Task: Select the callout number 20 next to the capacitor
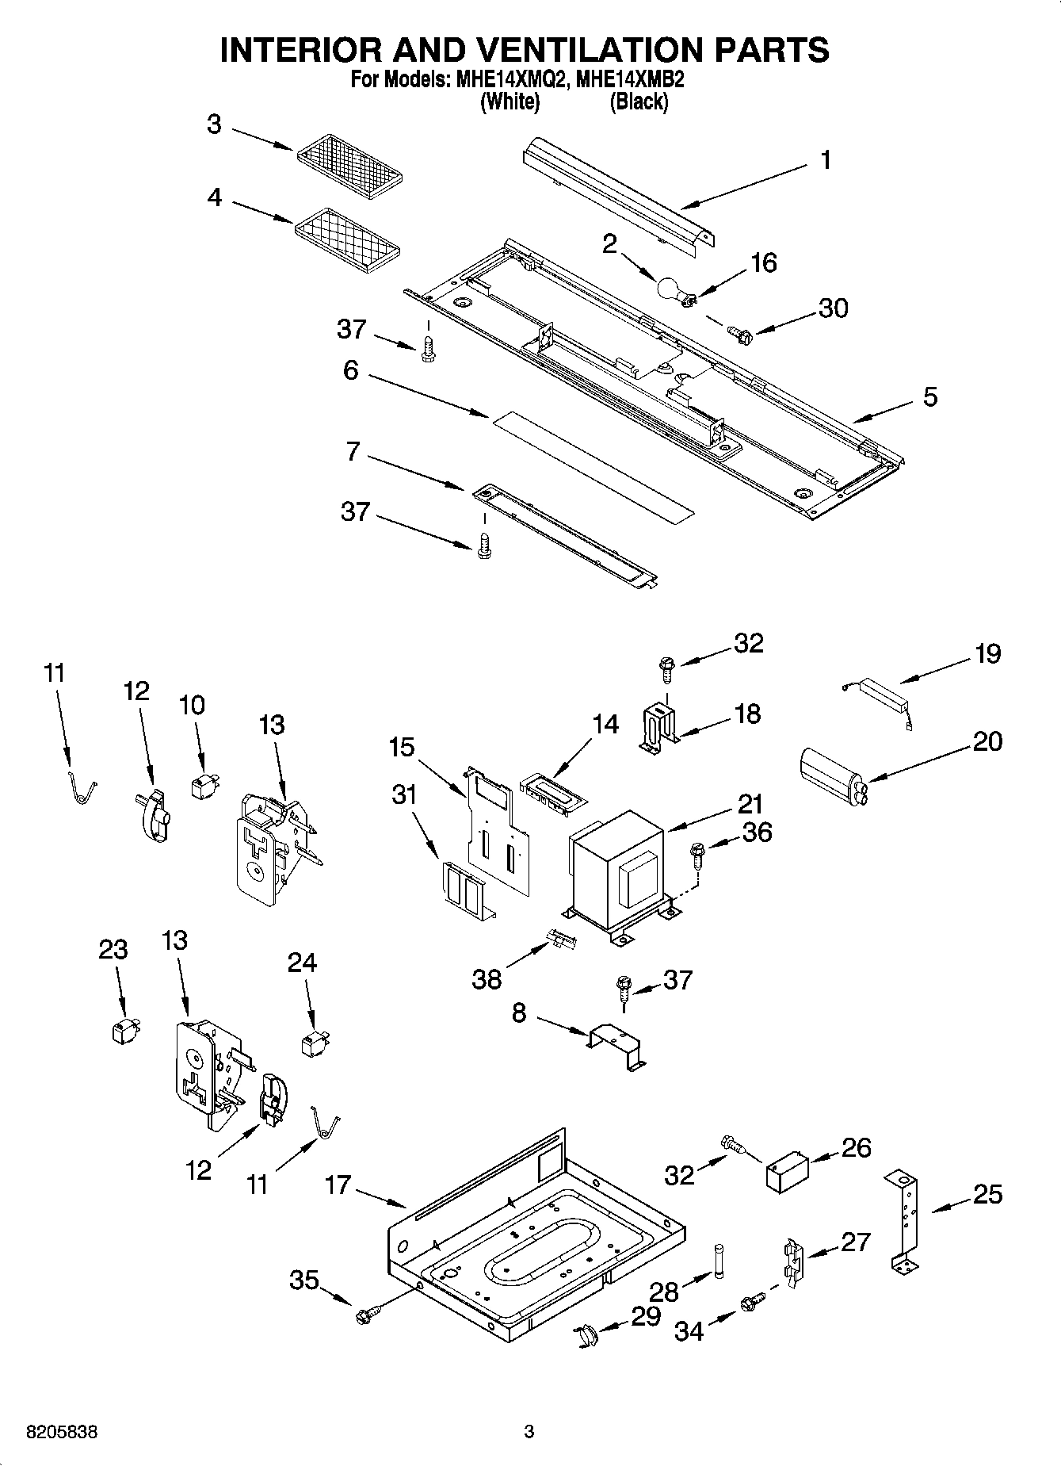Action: [x=987, y=742]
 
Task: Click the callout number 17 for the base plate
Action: [x=338, y=1185]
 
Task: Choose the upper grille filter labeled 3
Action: [x=351, y=164]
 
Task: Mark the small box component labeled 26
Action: [x=787, y=1171]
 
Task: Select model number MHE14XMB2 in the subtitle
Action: [x=630, y=80]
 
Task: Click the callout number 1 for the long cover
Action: [x=826, y=160]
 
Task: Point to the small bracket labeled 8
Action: [x=617, y=1048]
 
